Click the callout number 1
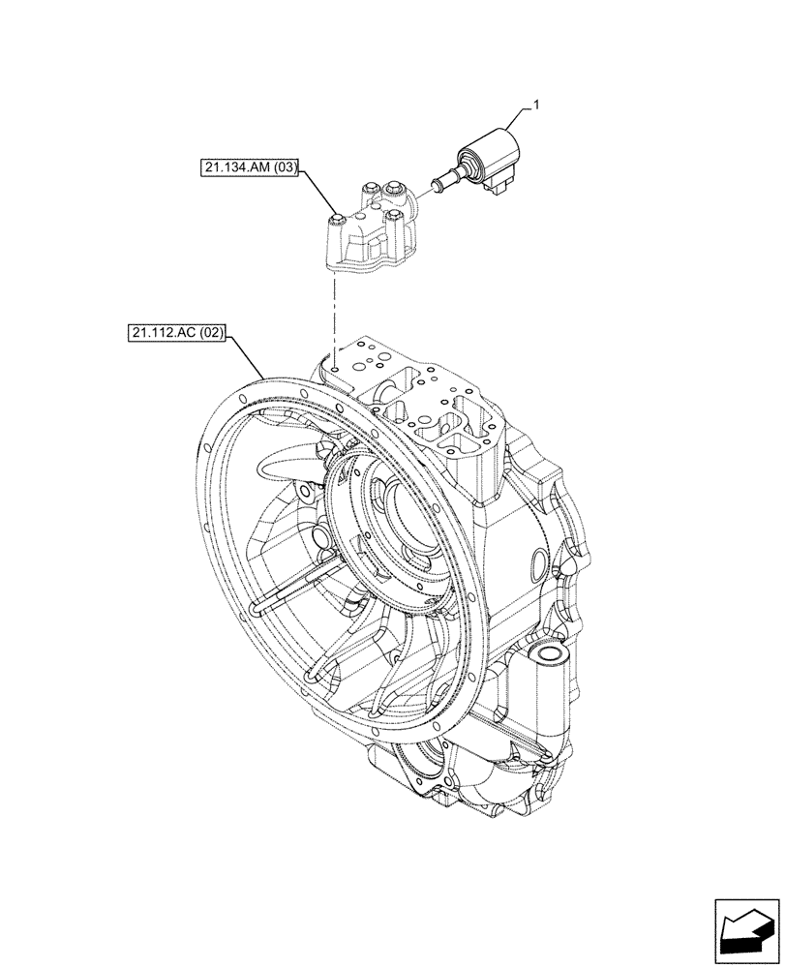tap(529, 102)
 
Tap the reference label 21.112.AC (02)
tap(175, 335)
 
